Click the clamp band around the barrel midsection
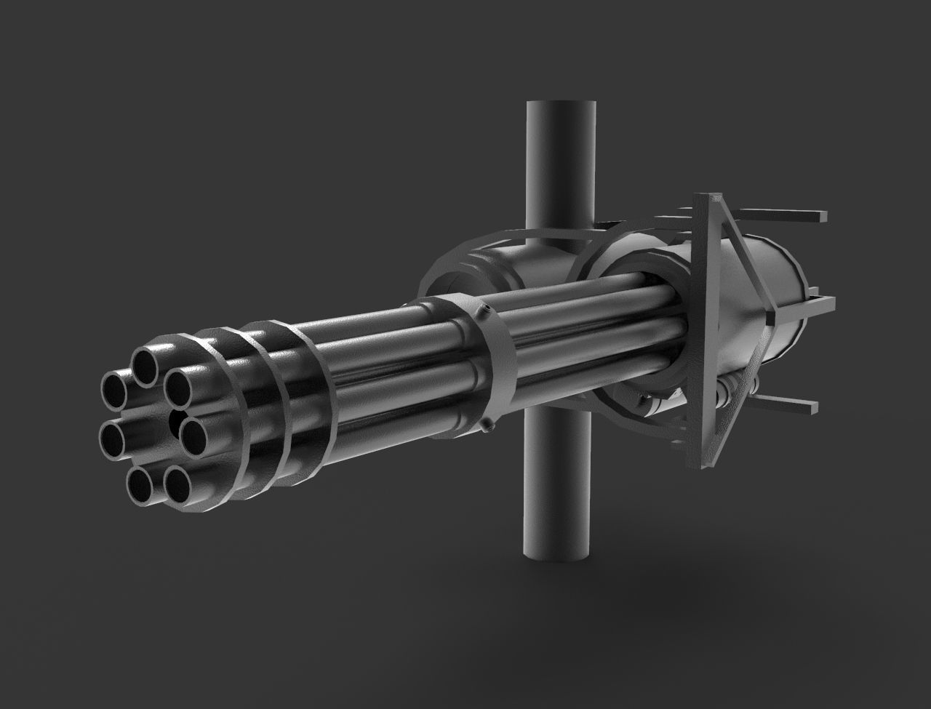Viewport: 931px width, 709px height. (498, 364)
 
